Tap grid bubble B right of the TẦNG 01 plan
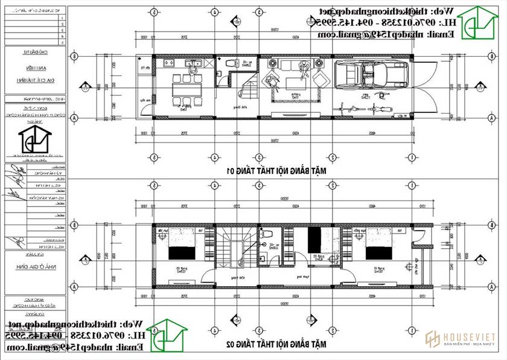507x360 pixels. click(x=493, y=57)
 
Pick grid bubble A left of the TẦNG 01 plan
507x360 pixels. click(x=74, y=117)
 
